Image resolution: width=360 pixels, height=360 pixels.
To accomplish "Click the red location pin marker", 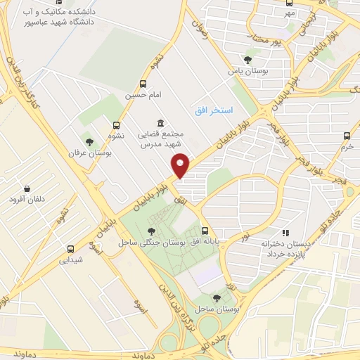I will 181,166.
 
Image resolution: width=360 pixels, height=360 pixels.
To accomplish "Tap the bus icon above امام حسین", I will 144,83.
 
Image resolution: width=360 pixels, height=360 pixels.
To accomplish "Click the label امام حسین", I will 140,94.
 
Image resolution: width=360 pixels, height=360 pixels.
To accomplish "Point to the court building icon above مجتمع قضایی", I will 162,122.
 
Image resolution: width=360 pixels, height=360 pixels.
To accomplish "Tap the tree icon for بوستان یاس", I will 247,60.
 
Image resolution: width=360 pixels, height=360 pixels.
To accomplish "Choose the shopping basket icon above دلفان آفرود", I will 27,188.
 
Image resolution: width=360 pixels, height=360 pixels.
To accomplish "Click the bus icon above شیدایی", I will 70,248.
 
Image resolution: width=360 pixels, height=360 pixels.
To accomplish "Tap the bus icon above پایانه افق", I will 205,231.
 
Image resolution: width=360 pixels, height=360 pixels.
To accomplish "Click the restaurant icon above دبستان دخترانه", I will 285,232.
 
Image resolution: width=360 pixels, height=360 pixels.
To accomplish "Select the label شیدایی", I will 70,259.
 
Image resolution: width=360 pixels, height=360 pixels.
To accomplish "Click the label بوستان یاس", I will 245,71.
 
